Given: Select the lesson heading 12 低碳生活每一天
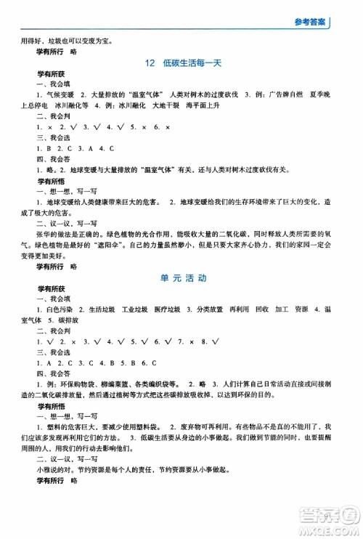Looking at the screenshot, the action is tap(182, 63).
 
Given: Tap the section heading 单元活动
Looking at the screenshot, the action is tap(182, 278).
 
